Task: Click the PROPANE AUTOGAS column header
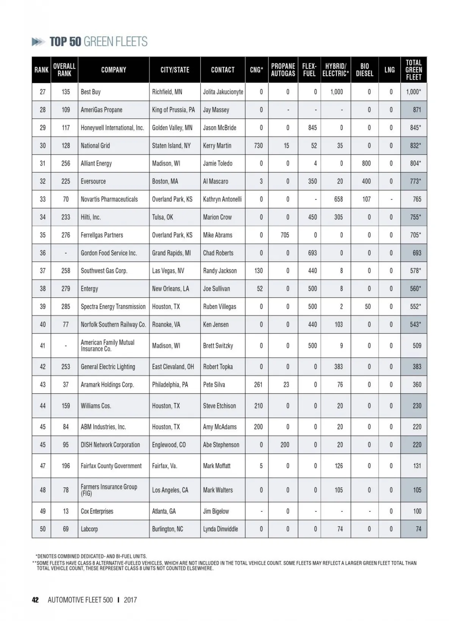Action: [x=283, y=70]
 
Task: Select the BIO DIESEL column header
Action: [x=364, y=70]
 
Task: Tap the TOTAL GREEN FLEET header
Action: [x=413, y=70]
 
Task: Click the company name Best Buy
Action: [x=91, y=92]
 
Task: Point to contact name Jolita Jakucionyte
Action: [x=223, y=92]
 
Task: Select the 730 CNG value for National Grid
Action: [x=258, y=146]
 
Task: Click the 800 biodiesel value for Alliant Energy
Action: [x=366, y=163]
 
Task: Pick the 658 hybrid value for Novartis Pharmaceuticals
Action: [x=338, y=199]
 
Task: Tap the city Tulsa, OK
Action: [x=162, y=217]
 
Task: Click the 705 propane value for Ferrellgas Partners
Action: [x=285, y=235]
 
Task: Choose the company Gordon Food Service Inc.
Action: [x=109, y=253]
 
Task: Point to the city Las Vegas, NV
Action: [x=168, y=271]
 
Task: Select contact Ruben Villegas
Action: [x=220, y=306]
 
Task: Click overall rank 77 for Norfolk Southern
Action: [x=66, y=325]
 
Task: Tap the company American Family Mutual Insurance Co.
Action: [x=107, y=345]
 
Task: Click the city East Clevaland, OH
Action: [x=173, y=367]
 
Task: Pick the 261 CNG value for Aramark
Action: [x=258, y=384]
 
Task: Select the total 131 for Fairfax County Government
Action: [x=417, y=466]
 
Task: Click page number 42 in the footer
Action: [x=35, y=600]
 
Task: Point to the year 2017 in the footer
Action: [x=130, y=600]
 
